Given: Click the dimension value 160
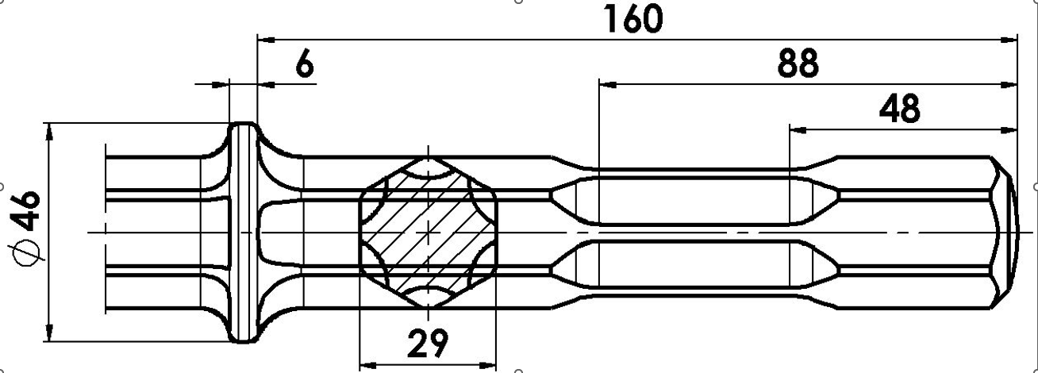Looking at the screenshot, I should (x=632, y=19).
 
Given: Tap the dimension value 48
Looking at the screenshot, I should (x=899, y=109).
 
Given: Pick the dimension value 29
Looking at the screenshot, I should (x=427, y=343).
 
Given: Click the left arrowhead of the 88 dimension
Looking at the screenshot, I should (x=606, y=82).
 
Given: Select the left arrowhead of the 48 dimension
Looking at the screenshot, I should (x=797, y=127).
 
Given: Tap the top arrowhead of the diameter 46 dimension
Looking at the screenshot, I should (x=49, y=130).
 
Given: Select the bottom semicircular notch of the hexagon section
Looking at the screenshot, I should (x=429, y=295).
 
